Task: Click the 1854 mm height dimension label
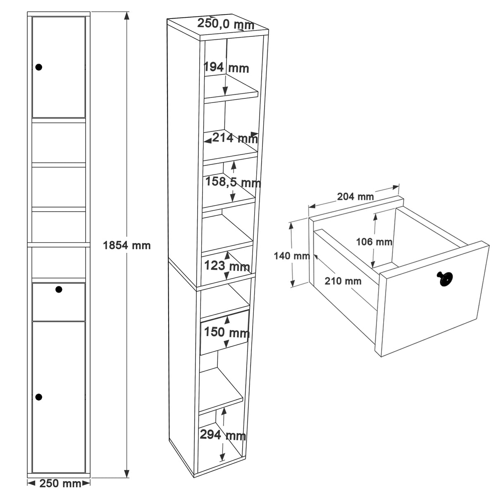click(126, 246)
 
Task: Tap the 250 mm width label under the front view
click(60, 483)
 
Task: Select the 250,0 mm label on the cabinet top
click(226, 24)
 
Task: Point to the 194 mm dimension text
click(226, 68)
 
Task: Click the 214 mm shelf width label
click(235, 138)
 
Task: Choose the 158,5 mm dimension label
click(233, 182)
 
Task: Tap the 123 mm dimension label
click(227, 266)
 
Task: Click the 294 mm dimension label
click(223, 435)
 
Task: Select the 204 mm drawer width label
click(355, 197)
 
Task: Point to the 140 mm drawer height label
click(292, 256)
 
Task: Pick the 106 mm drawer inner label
click(374, 242)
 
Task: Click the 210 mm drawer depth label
click(343, 281)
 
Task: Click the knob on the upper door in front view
click(39, 67)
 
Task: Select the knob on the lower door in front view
click(39, 397)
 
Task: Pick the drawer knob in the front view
click(59, 289)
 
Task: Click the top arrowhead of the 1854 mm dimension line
click(126, 15)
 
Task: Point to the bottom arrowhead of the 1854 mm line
click(126, 474)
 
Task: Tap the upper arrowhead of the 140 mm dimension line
click(291, 226)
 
